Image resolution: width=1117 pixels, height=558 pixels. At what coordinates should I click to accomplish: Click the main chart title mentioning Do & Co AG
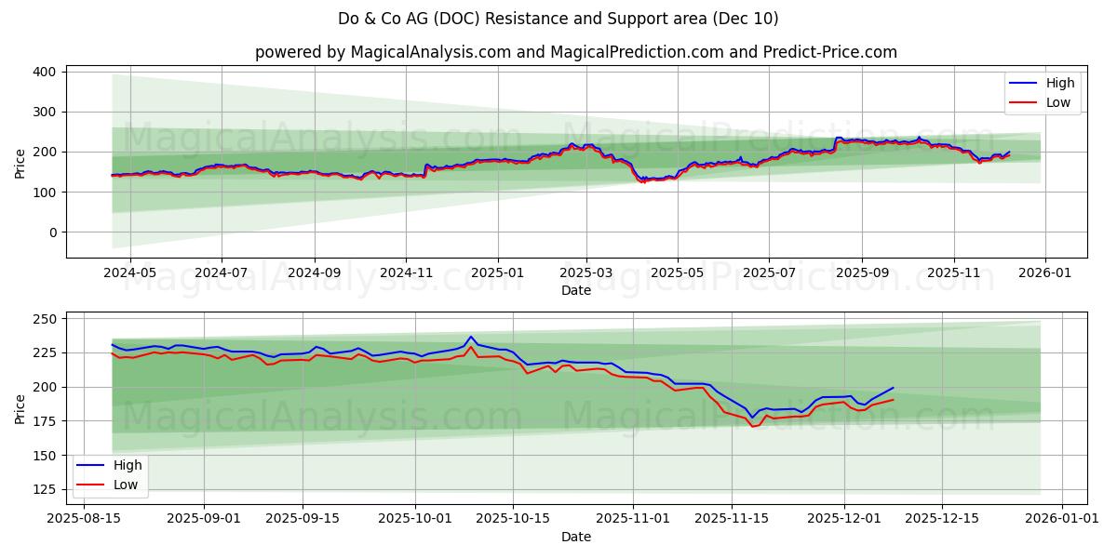tap(558, 19)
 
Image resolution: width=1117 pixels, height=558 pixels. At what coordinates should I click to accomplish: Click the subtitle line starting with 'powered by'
tap(576, 52)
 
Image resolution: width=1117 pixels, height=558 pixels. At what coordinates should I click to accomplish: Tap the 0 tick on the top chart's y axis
tap(51, 232)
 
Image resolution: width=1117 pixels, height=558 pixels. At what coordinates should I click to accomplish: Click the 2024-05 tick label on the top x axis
tap(129, 273)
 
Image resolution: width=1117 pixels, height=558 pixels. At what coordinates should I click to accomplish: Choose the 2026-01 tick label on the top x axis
tap(1045, 273)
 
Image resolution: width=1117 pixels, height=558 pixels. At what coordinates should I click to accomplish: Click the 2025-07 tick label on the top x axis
tap(769, 273)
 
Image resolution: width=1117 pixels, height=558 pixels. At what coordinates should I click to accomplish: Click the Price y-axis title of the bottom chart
tap(20, 408)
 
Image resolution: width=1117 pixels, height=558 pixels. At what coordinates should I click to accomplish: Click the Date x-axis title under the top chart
tap(576, 290)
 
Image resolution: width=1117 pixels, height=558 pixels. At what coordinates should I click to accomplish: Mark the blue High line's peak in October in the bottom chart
tap(471, 337)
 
